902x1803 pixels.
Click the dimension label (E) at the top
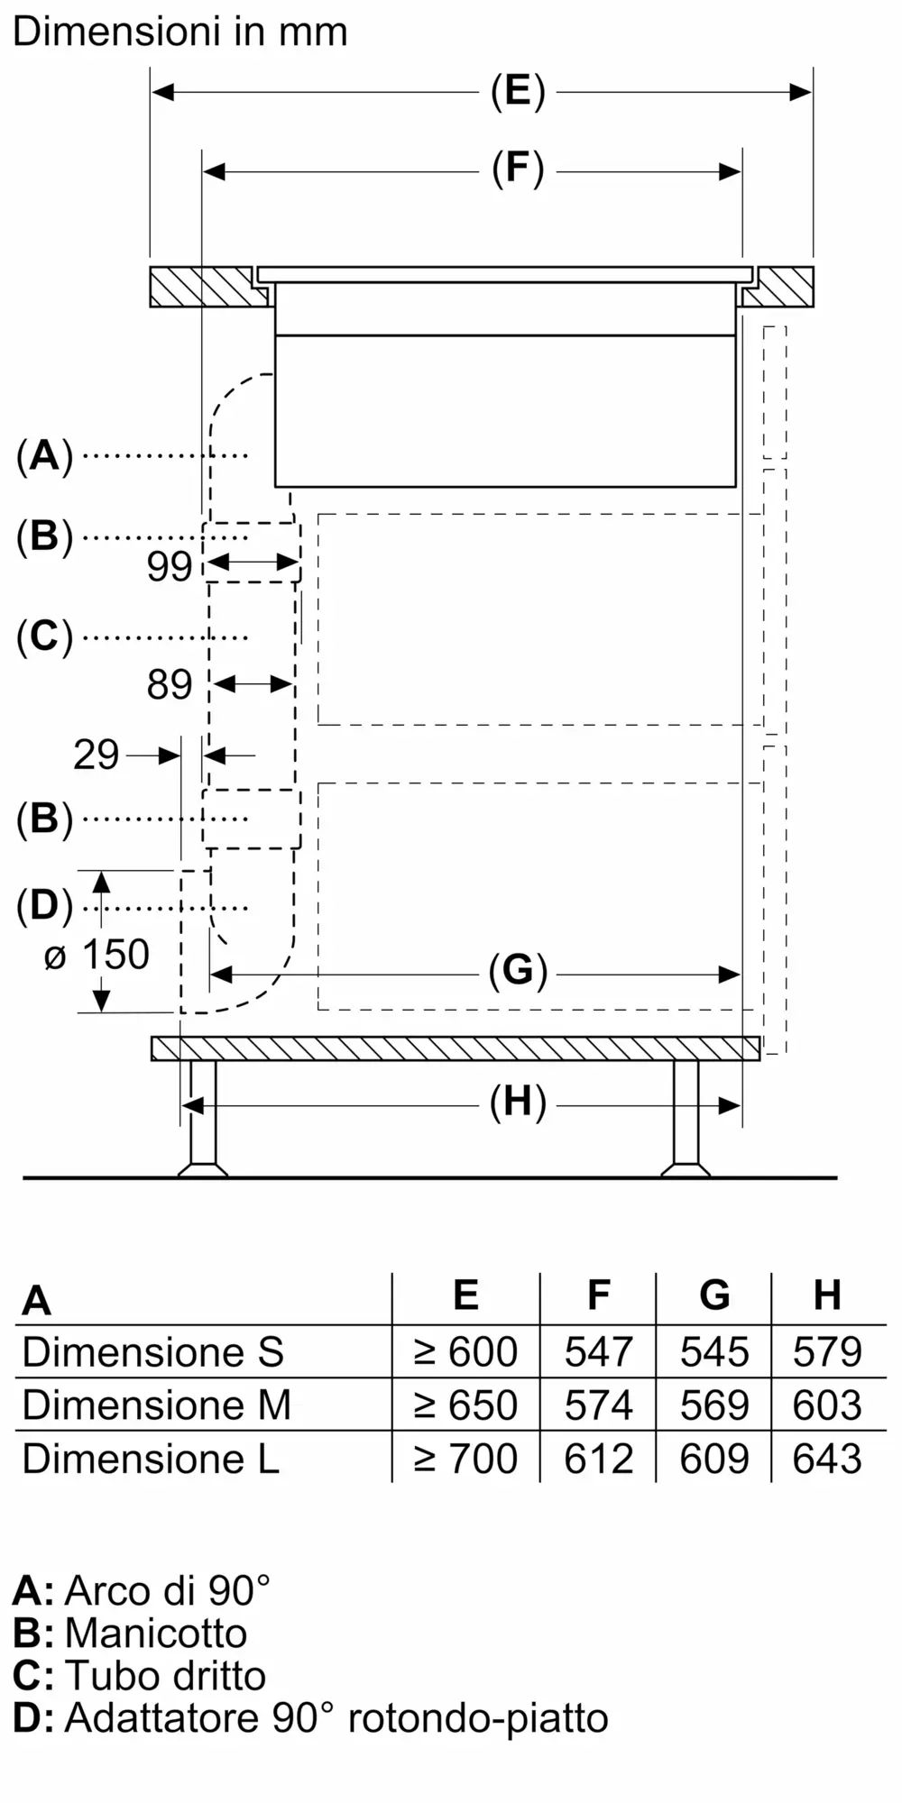pyautogui.click(x=518, y=92)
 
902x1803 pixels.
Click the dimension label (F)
pyautogui.click(x=518, y=169)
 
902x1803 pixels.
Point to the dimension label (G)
pyautogui.click(x=518, y=972)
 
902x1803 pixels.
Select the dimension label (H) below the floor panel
pyautogui.click(x=518, y=1103)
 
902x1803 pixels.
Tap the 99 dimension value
pyautogui.click(x=170, y=566)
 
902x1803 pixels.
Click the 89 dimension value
pyautogui.click(x=170, y=685)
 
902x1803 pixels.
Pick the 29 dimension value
pyautogui.click(x=96, y=755)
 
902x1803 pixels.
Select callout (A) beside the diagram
pyautogui.click(x=44, y=456)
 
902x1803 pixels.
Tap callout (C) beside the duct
pyautogui.click(x=44, y=636)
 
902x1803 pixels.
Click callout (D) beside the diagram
pyautogui.click(x=44, y=906)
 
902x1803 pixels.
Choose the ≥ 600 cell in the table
pyautogui.click(x=465, y=1351)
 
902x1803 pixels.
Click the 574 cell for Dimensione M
pyautogui.click(x=598, y=1405)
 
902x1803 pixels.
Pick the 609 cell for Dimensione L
pyautogui.click(x=713, y=1458)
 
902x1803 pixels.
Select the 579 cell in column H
pyautogui.click(x=827, y=1351)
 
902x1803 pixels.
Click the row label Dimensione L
pyautogui.click(x=151, y=1458)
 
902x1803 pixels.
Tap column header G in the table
pyautogui.click(x=713, y=1295)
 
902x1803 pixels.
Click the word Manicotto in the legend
pyautogui.click(x=155, y=1634)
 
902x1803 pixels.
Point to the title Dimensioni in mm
pyautogui.click(x=180, y=32)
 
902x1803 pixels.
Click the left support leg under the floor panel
pyautogui.click(x=202, y=1118)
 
